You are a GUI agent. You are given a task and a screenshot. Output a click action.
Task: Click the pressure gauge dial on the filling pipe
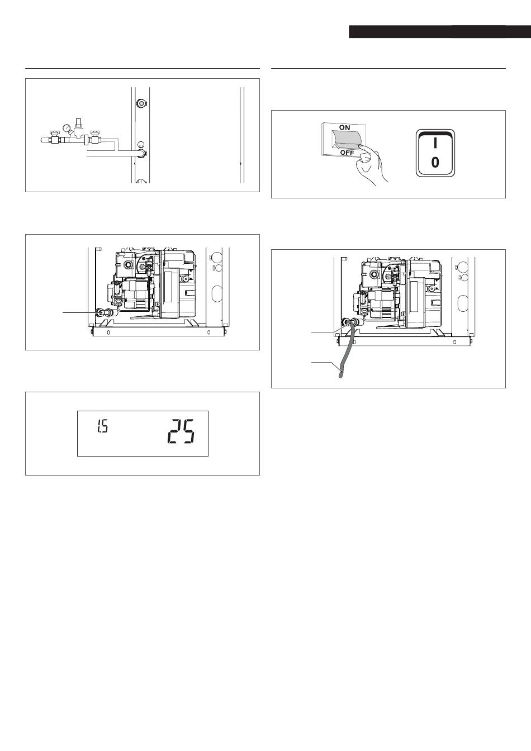coord(67,127)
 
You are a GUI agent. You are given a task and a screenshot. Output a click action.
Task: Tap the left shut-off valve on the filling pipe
coord(53,137)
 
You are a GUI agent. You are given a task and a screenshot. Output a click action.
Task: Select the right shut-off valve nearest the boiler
coord(96,137)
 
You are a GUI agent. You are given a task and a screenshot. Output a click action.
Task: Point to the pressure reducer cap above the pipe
coord(79,121)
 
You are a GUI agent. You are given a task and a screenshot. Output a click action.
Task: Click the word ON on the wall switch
coord(344,128)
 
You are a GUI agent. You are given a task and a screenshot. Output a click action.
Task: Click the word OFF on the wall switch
coord(347,153)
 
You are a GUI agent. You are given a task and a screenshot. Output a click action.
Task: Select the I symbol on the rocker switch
coord(435,143)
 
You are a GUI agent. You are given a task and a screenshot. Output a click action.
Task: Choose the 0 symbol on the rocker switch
coord(435,163)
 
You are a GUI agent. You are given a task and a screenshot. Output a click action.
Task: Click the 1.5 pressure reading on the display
coord(103,427)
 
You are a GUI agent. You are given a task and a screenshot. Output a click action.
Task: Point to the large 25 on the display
coord(181,432)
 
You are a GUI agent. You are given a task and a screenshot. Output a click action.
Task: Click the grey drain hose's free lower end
coord(340,375)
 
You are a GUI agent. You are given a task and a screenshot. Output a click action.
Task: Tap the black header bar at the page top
coord(440,31)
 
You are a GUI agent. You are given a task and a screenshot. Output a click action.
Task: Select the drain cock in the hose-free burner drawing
coord(100,313)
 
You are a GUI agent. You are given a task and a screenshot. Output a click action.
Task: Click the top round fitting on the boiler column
coord(141,102)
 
